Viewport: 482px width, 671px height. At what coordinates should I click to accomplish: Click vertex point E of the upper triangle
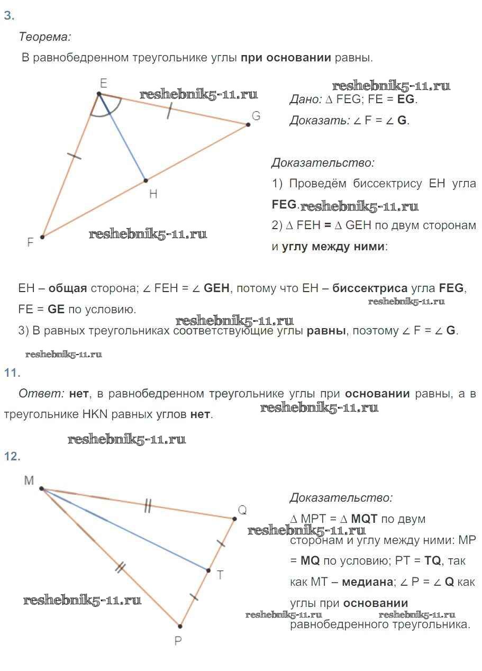click(99, 94)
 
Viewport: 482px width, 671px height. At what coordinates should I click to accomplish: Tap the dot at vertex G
click(248, 124)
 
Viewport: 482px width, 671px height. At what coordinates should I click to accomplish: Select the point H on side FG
click(145, 180)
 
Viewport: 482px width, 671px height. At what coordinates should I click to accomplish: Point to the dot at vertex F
click(42, 237)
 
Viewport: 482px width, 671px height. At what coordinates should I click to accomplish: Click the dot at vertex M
click(42, 488)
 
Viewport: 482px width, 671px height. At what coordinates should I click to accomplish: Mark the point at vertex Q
click(234, 519)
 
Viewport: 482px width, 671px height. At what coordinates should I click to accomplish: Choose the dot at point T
click(208, 570)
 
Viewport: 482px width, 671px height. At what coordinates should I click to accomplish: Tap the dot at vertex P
click(180, 626)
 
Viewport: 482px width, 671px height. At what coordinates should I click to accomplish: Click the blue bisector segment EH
click(122, 137)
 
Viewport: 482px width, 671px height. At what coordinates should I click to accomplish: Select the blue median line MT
click(125, 530)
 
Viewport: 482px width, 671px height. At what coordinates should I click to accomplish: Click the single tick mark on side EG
click(169, 111)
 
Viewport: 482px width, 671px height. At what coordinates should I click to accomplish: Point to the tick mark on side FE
click(74, 156)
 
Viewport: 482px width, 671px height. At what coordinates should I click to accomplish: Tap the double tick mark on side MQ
click(148, 506)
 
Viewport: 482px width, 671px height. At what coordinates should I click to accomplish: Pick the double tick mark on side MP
click(121, 567)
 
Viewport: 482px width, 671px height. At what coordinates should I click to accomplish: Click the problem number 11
click(12, 373)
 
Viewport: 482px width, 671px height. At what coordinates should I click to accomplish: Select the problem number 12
click(12, 456)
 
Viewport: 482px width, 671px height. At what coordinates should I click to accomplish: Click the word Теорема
click(45, 37)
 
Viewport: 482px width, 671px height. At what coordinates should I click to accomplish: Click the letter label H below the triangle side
click(153, 194)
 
